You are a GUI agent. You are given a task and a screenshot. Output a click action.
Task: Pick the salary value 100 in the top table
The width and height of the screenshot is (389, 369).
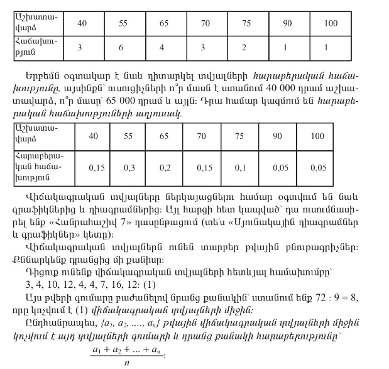[331, 23]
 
